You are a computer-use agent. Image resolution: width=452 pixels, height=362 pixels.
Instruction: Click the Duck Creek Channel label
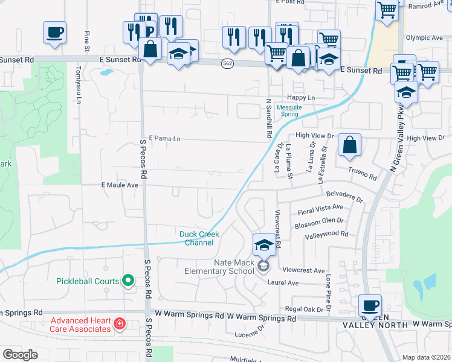click(199, 238)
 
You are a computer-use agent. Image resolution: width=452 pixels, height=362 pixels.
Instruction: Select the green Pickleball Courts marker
click(128, 281)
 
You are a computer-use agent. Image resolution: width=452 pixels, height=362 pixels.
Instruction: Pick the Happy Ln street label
click(302, 97)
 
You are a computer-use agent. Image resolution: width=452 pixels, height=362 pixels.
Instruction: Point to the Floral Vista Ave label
click(320, 210)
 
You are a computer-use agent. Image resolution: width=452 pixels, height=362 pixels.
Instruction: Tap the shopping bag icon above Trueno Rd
click(349, 145)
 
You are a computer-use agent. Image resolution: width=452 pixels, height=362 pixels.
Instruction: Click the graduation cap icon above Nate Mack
click(263, 245)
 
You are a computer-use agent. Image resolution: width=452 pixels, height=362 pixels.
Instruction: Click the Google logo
click(20, 355)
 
